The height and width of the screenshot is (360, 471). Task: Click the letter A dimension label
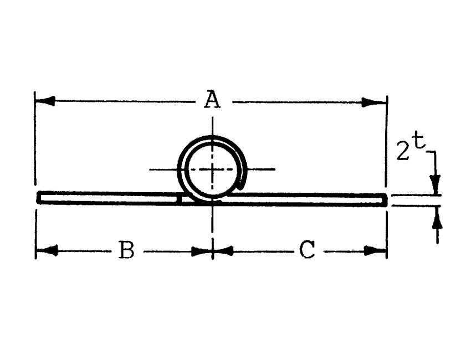tap(212, 100)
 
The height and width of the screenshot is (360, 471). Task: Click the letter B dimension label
tap(126, 249)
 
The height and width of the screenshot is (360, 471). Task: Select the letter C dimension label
tap(307, 250)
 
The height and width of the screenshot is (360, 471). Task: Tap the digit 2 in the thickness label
tap(403, 151)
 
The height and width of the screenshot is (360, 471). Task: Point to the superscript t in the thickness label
tap(419, 141)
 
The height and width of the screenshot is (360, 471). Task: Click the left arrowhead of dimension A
tap(45, 101)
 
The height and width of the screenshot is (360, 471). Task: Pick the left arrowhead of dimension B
tap(47, 250)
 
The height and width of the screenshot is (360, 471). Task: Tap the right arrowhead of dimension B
tap(202, 251)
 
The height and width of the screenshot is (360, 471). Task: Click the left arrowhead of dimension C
tap(223, 251)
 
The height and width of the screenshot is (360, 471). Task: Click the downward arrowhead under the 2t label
tap(435, 184)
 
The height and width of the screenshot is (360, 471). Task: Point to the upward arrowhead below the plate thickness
tap(437, 216)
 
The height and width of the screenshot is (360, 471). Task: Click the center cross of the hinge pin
tap(213, 169)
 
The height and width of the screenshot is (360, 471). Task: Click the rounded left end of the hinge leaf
tap(39, 197)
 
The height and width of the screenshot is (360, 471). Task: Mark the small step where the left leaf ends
tap(180, 199)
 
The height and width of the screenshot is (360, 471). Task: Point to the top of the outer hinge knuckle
tap(212, 137)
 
